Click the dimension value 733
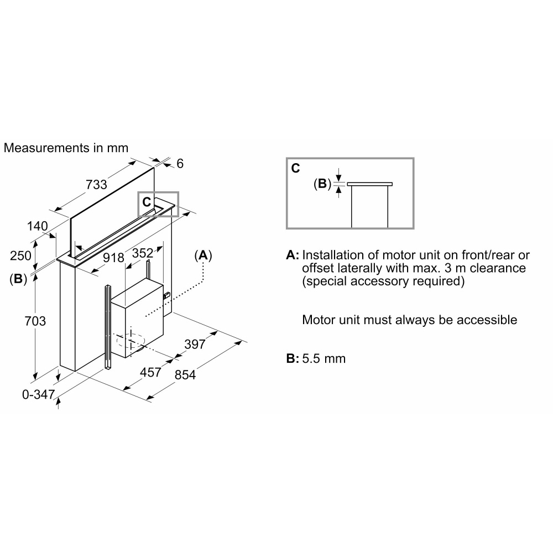click(96, 185)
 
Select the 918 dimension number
click(113, 258)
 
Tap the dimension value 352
click(143, 253)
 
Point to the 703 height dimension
click(35, 321)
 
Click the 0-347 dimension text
click(39, 394)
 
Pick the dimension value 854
click(185, 374)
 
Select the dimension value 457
click(150, 372)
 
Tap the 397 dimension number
click(195, 344)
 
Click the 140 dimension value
click(38, 226)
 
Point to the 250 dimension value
click(21, 255)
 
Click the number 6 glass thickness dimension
click(180, 163)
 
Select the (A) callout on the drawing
click(203, 255)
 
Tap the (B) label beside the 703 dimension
click(18, 279)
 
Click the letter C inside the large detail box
click(295, 168)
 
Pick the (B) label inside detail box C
click(322, 184)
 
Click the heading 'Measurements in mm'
click(66, 148)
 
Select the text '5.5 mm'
click(324, 358)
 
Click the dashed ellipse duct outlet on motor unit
click(131, 340)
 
